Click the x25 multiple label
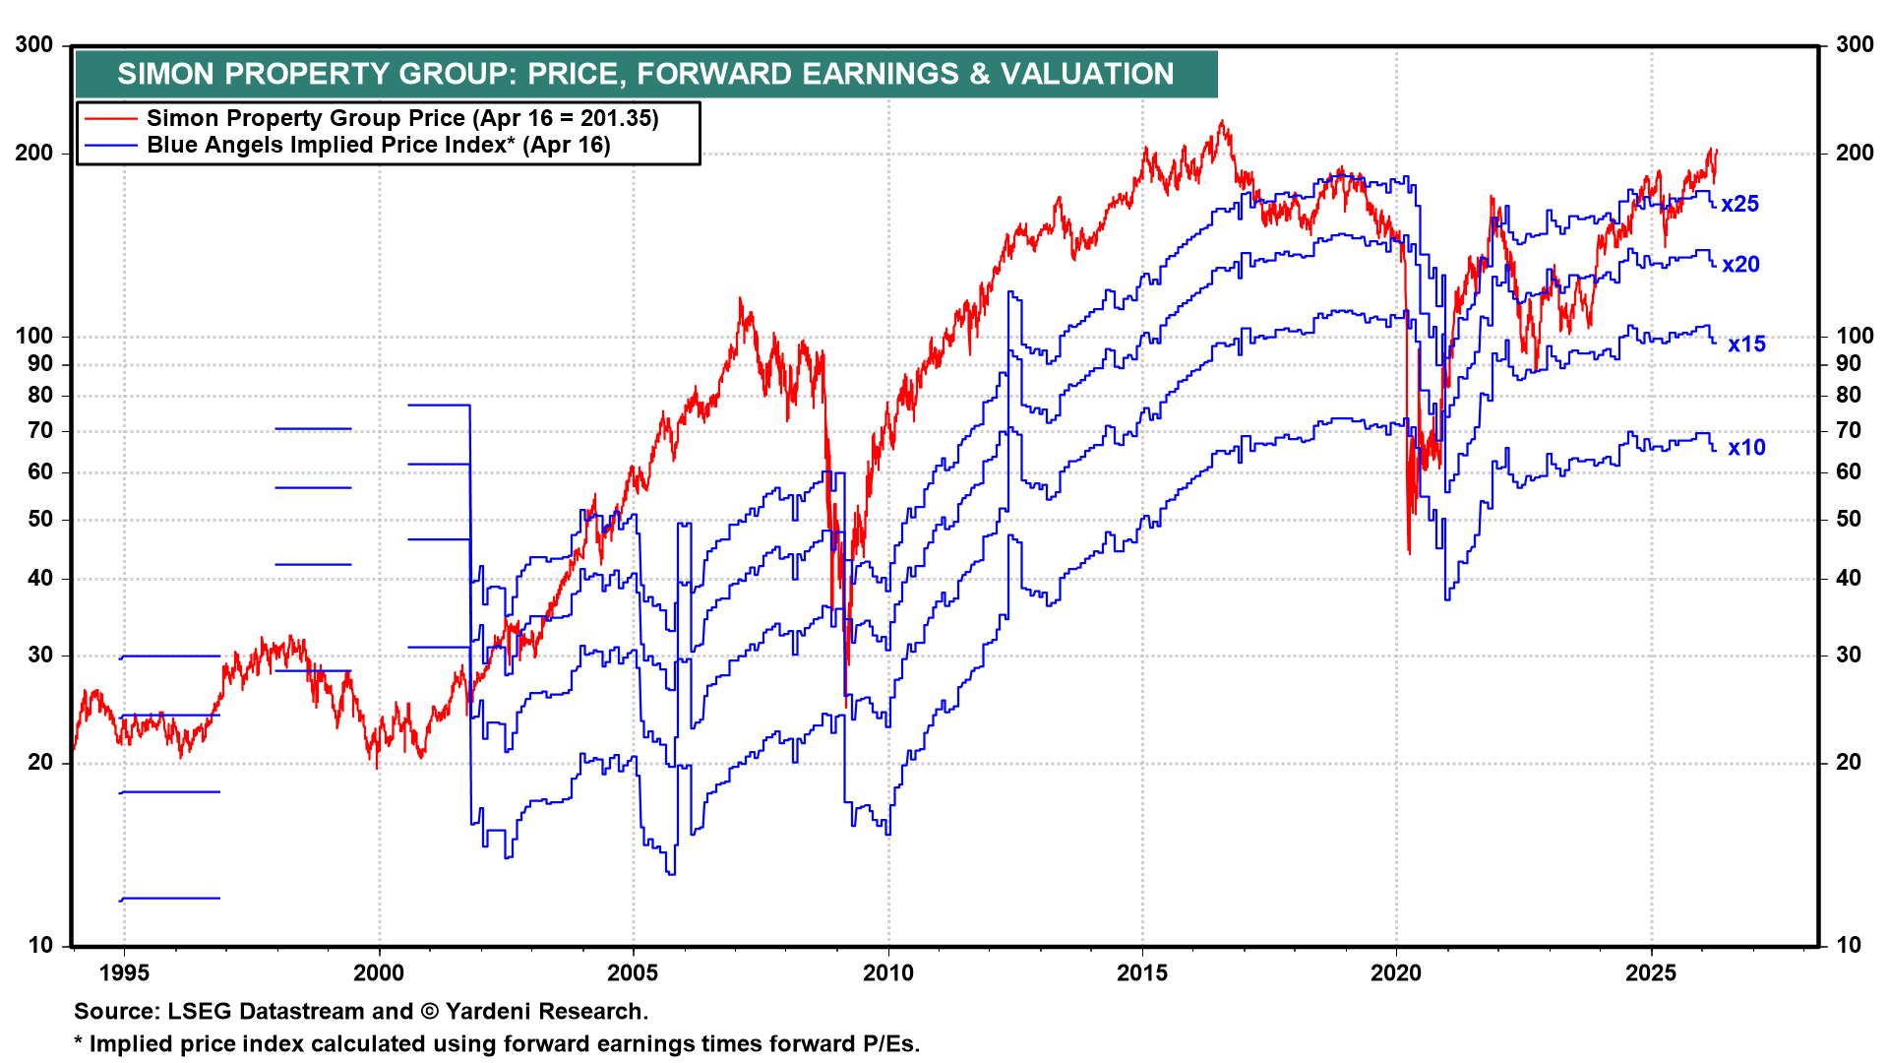(x=1739, y=204)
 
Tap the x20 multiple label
(x=1740, y=264)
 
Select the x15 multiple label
(x=1746, y=344)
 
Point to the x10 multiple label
(x=1746, y=448)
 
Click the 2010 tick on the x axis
(x=887, y=973)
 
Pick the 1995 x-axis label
(x=124, y=973)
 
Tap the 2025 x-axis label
(x=1651, y=973)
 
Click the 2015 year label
(x=1142, y=973)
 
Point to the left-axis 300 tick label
(x=34, y=45)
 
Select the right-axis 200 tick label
(x=1855, y=153)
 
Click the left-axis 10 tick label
(x=40, y=946)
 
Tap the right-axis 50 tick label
(x=1849, y=520)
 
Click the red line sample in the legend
(x=110, y=119)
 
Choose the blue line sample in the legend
(x=110, y=146)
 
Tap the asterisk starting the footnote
(x=79, y=1041)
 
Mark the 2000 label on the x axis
(x=379, y=973)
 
